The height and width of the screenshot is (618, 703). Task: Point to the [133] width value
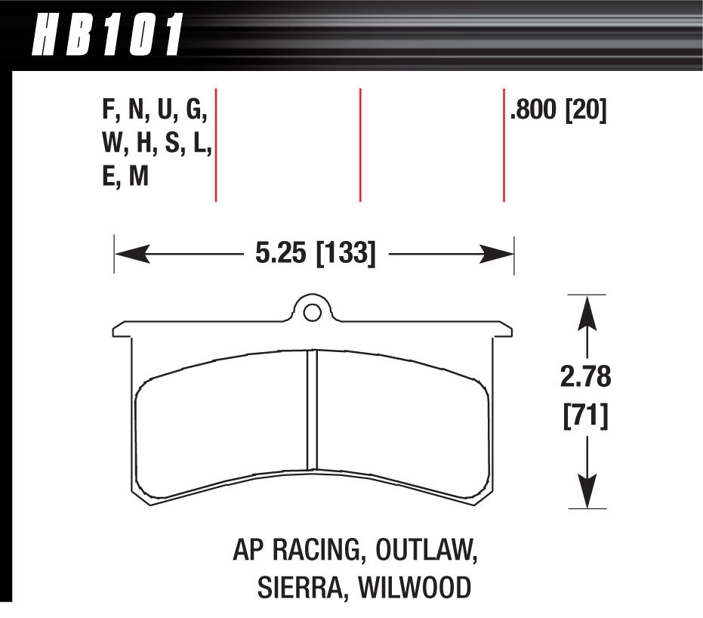click(x=345, y=253)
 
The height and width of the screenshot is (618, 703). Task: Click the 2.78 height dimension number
click(x=587, y=377)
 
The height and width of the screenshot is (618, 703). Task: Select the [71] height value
click(x=587, y=416)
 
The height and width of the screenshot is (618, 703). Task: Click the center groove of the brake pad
click(x=312, y=412)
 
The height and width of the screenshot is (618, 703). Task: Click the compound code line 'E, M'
click(x=125, y=177)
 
